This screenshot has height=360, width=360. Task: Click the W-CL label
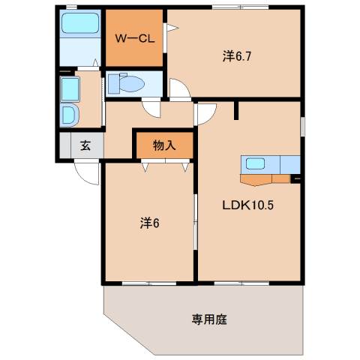point(135,39)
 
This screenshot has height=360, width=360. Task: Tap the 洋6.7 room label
point(236,55)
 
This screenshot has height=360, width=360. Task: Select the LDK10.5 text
point(249,204)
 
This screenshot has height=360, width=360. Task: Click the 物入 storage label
point(164,145)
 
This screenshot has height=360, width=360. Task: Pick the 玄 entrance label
point(85,146)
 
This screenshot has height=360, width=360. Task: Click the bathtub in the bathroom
point(79,25)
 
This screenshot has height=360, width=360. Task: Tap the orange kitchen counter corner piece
point(257,179)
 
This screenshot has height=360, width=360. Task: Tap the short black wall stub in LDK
point(235,109)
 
